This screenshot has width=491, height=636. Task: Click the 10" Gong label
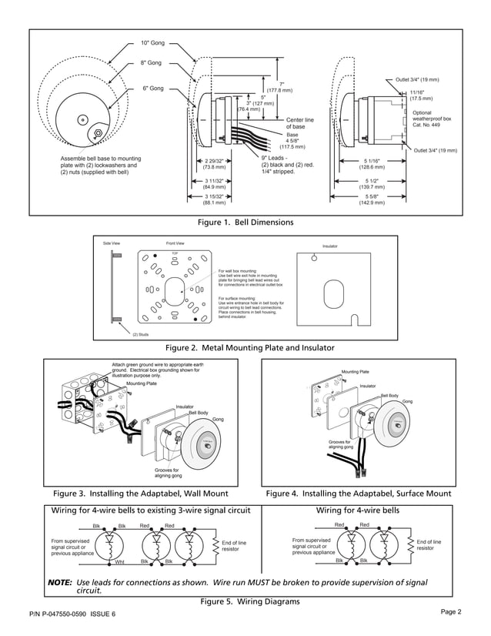coord(153,43)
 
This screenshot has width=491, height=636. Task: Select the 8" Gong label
coord(151,62)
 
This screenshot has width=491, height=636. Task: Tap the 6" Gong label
coord(153,89)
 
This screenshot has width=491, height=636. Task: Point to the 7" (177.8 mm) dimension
coord(282,87)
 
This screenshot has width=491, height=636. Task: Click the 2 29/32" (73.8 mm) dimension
coord(214,163)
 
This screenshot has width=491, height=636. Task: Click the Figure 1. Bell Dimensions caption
coord(245,223)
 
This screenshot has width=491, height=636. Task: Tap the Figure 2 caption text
coord(245,348)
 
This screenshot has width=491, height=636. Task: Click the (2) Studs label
coord(141,334)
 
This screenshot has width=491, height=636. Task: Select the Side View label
coord(112,243)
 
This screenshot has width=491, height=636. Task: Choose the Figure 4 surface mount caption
coord(358,493)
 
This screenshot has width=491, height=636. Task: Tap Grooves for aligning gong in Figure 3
coord(166,472)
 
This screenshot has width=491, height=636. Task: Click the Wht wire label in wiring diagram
coord(119,562)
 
